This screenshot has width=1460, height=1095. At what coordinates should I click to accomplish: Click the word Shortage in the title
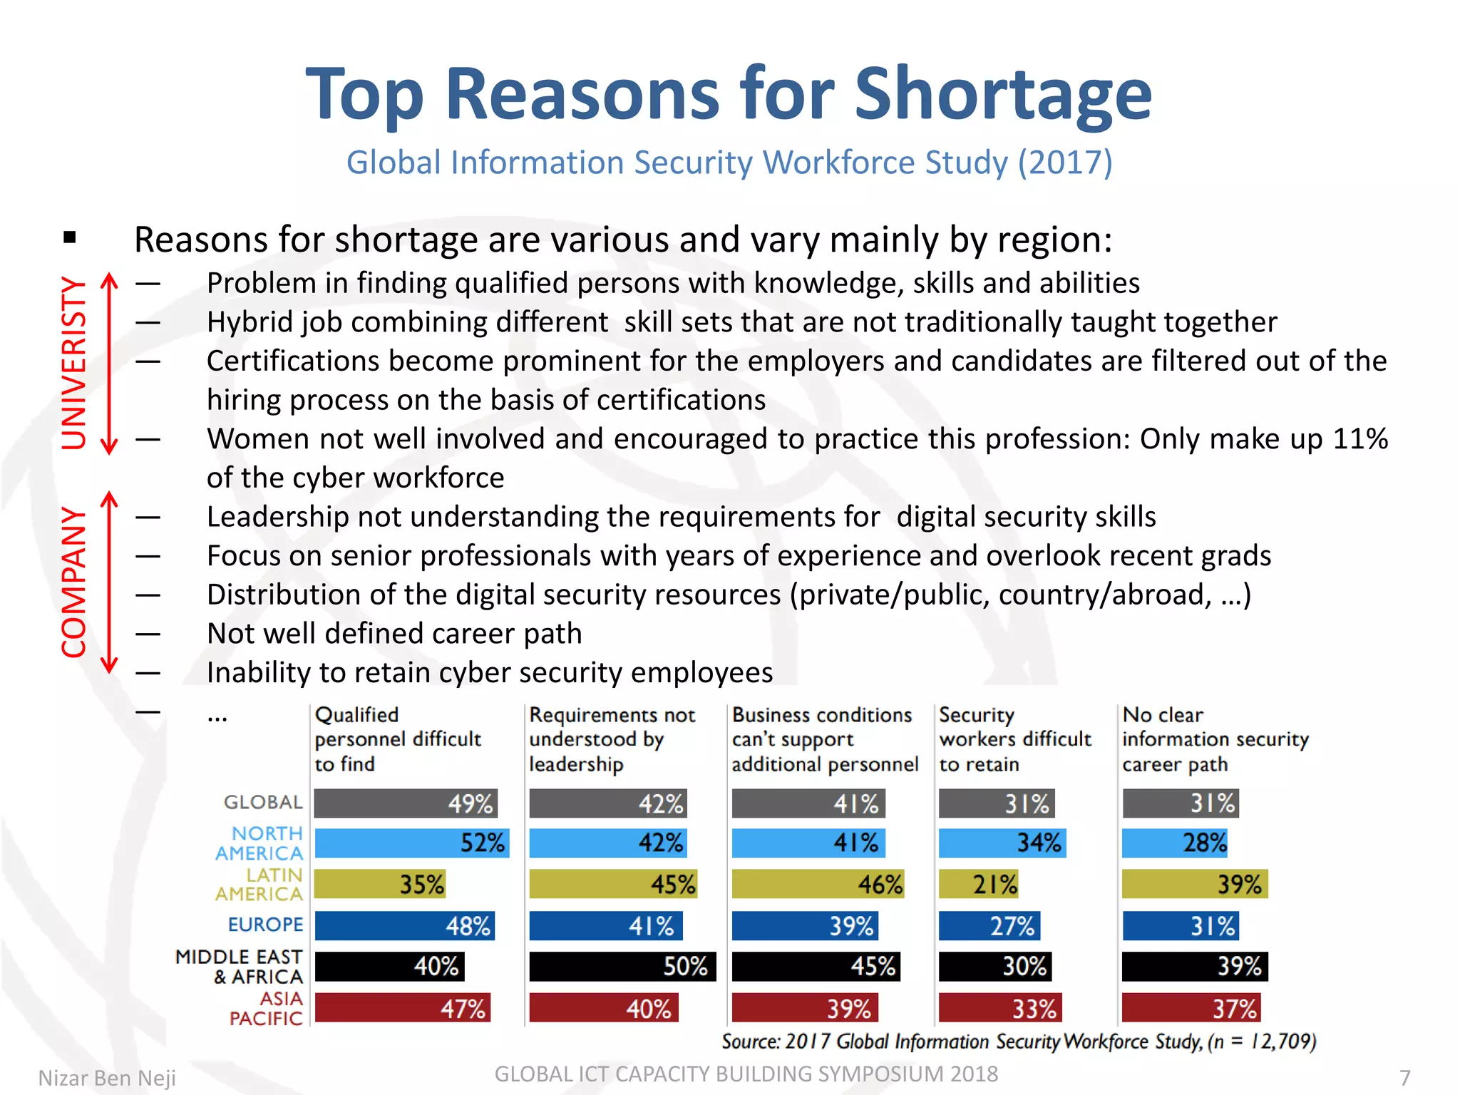1002,93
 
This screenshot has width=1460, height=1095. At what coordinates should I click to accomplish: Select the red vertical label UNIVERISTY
73,363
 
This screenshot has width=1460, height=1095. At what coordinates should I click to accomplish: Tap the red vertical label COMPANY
73,582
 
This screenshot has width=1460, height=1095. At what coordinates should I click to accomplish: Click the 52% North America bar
411,843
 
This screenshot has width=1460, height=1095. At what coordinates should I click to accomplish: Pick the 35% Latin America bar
380,885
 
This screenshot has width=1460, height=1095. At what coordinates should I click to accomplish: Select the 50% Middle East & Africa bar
622,967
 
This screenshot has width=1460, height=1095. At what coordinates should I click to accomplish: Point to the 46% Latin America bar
818,885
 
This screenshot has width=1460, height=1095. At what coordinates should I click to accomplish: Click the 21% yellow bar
978,885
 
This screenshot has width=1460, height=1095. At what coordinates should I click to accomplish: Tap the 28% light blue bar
1174,843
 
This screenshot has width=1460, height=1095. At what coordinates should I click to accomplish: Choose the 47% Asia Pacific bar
403,1008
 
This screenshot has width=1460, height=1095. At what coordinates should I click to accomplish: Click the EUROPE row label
265,925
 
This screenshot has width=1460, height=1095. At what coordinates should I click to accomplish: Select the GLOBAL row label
263,803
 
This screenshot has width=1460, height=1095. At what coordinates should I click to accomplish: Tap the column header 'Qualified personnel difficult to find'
397,739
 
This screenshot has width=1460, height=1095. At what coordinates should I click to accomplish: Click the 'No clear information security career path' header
1215,739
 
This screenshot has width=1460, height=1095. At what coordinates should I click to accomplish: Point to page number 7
1404,1077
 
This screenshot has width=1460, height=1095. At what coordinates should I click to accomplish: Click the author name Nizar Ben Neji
107,1078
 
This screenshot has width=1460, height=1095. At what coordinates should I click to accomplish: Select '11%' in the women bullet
1360,439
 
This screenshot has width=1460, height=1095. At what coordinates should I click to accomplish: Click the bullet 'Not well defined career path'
394,634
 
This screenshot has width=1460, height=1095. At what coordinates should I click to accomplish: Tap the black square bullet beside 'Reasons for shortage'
69,237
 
